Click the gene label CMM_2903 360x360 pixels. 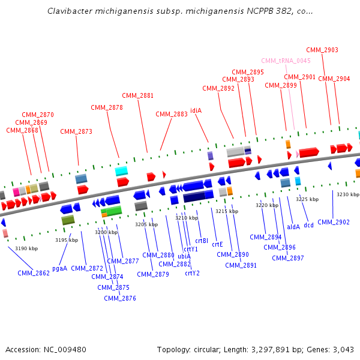point(322,50)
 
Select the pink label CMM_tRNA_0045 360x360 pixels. point(286,61)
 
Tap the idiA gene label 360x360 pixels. point(196,110)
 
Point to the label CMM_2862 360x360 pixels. point(34,273)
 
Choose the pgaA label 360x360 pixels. point(59,268)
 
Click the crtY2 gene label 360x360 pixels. point(192,273)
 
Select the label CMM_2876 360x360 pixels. point(120,298)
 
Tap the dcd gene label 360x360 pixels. point(308,226)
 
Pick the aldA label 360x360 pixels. point(293,227)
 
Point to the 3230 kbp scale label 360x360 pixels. point(347,194)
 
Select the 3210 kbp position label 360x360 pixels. point(187,218)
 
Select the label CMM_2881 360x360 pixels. point(138,95)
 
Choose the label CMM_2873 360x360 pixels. point(76,131)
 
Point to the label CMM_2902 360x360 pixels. point(334,222)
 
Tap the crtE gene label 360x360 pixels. point(217,244)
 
